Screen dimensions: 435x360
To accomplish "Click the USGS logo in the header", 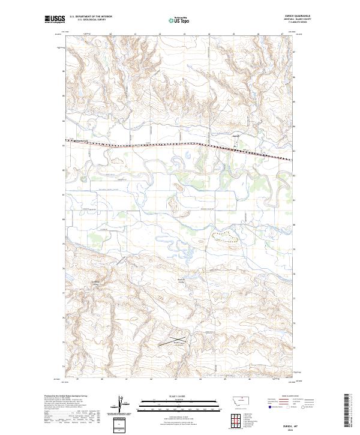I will point(55,20).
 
